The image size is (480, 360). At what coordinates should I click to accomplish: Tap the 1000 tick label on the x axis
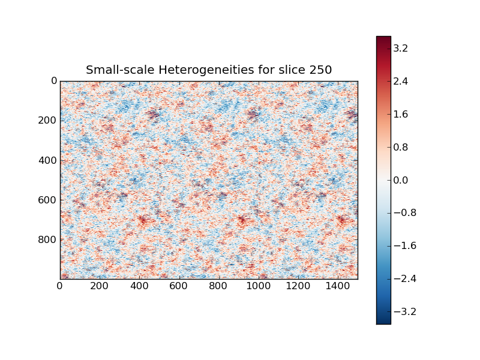tap(258, 287)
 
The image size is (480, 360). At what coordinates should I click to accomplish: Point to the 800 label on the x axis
tap(218, 287)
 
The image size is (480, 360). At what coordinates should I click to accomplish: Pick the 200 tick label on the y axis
tap(49, 120)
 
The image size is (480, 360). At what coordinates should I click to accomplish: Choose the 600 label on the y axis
tap(49, 200)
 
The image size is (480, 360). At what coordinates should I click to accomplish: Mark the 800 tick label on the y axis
tap(49, 239)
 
